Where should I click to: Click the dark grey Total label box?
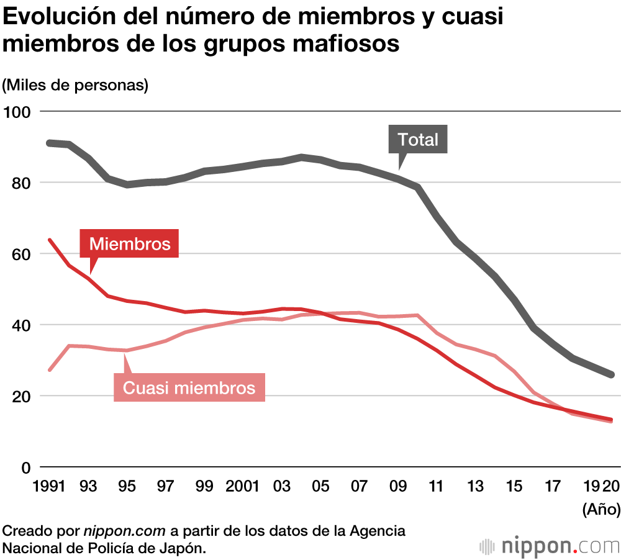coord(418,140)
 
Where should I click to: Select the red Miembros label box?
coord(130,244)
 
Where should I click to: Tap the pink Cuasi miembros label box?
coord(189,387)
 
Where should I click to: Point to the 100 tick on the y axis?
coord(17,112)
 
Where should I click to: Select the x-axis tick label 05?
coord(321,487)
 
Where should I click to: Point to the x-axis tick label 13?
coord(476,487)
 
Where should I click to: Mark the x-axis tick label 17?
coord(553,487)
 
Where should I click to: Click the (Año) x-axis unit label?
coord(601,510)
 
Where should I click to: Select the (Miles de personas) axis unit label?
coord(76,84)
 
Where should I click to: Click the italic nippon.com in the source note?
coord(125,531)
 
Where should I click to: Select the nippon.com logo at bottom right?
coord(550,546)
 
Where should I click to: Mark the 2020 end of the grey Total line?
coord(612,374)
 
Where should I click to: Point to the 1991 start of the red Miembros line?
coord(50,240)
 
